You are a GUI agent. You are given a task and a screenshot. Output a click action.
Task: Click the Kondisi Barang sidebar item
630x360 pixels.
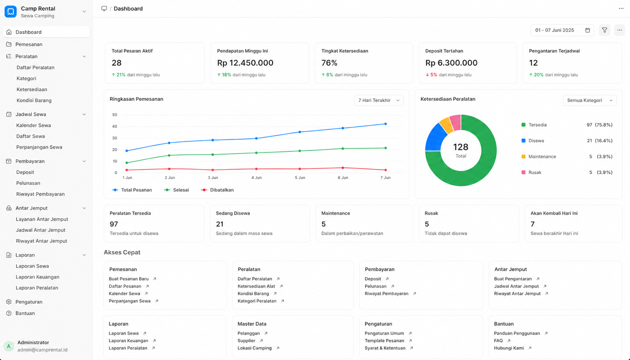[34, 100]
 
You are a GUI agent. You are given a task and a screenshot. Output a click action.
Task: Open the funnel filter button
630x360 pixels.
[605, 30]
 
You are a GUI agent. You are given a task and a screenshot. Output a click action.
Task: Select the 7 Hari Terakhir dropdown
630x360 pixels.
[378, 100]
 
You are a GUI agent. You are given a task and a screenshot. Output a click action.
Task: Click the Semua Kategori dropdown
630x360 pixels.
[590, 100]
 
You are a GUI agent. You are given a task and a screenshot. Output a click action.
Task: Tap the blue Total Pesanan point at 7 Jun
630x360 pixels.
[386, 124]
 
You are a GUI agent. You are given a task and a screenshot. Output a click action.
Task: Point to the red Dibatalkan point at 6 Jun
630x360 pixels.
[343, 168]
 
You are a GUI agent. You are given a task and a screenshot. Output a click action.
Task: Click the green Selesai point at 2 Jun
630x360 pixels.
[169, 155]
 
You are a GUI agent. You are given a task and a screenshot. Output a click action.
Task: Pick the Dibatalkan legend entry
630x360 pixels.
[217, 190]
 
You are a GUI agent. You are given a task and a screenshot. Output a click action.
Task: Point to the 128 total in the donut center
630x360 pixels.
[461, 147]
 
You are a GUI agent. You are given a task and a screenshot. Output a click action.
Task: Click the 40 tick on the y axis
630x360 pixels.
[115, 126]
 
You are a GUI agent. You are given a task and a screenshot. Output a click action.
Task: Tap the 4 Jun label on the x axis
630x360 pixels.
[257, 178]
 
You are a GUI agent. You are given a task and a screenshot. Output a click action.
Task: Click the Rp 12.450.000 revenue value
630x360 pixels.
[245, 63]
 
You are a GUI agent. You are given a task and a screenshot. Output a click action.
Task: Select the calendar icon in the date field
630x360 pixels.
[587, 30]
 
